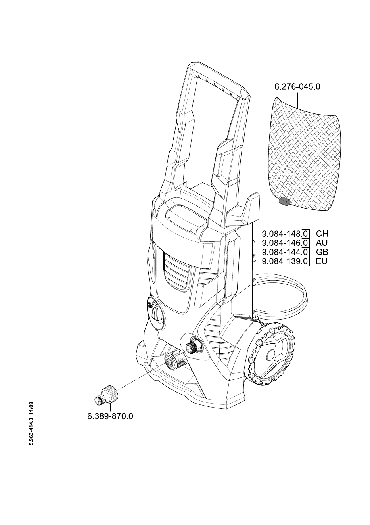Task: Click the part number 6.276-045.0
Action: coord(297,87)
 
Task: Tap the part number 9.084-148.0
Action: coord(285,234)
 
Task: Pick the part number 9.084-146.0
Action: coord(285,243)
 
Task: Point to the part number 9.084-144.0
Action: coord(285,252)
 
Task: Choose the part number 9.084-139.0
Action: coord(285,261)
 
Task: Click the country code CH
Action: coord(322,234)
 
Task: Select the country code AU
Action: coord(322,243)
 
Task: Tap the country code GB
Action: coord(322,252)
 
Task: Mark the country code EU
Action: coord(322,261)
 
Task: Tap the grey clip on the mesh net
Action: coord(284,201)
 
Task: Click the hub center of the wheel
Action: coord(271,353)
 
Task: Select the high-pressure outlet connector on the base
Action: coord(175,361)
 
